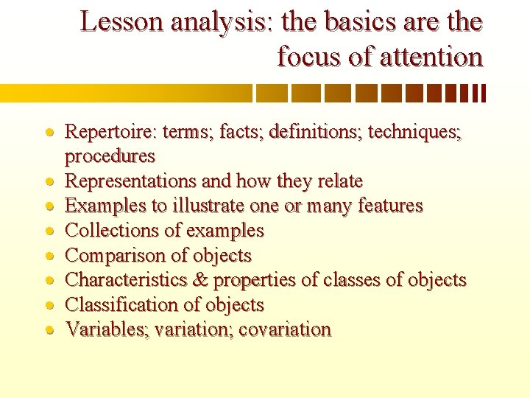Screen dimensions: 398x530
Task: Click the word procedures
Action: [110, 156]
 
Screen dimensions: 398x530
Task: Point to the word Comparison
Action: [112, 256]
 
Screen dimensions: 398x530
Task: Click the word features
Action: [390, 206]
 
